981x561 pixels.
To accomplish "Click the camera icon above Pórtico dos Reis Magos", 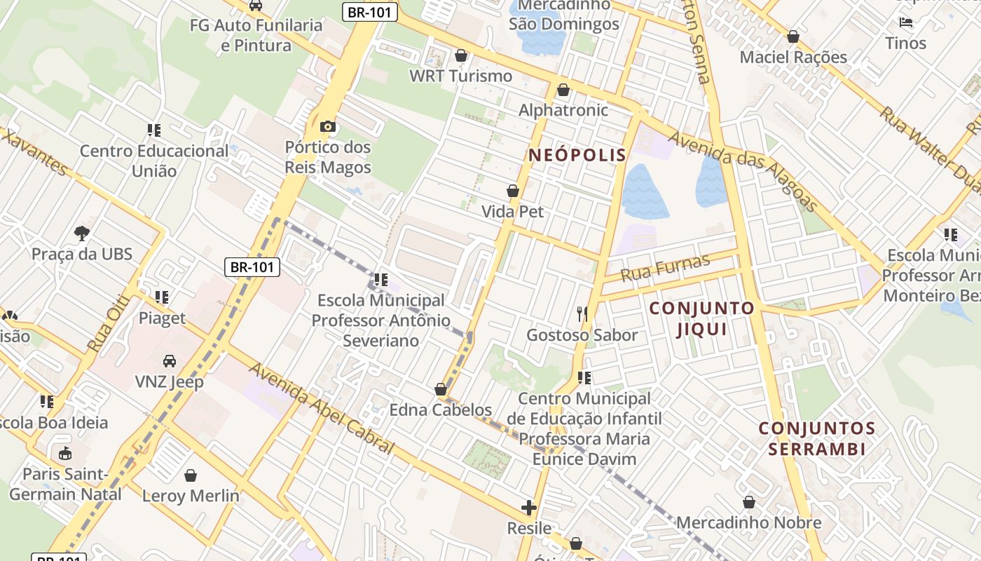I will [327, 127].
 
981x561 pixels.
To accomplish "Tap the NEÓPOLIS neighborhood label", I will [577, 155].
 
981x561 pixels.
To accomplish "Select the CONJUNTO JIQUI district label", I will [701, 318].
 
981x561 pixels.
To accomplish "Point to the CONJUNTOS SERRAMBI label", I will [816, 438].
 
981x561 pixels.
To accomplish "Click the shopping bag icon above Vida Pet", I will [513, 191].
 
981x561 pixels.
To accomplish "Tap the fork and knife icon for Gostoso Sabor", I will [582, 313].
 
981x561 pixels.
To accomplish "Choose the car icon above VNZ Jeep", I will [170, 361].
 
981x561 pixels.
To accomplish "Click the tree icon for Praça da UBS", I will [82, 233].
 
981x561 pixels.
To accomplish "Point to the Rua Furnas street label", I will [665, 267].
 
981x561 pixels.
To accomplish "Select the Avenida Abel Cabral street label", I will [322, 408].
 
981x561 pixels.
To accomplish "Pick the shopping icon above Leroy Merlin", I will [191, 475].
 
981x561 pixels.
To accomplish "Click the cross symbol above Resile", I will [529, 507].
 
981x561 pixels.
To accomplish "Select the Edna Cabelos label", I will [441, 410].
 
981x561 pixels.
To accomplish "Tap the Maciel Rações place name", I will [793, 57].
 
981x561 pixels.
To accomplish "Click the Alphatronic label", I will [563, 110].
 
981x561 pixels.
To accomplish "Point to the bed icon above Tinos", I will [906, 22].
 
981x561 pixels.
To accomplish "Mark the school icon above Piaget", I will [162, 297].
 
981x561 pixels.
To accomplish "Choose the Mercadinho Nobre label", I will [748, 522].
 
